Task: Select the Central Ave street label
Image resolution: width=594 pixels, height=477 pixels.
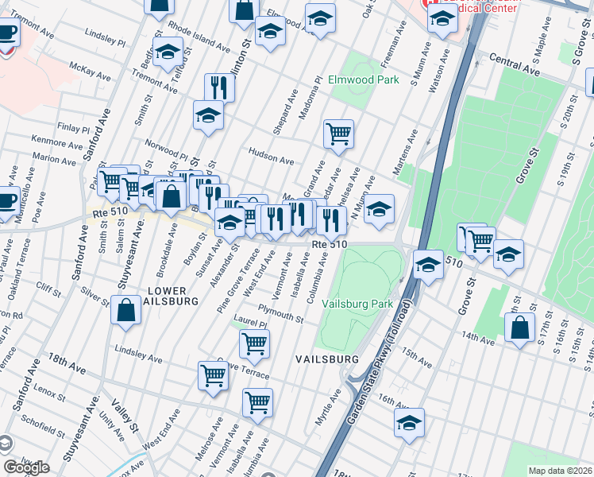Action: (x=515, y=64)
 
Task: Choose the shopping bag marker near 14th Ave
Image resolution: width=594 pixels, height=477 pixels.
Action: (x=519, y=329)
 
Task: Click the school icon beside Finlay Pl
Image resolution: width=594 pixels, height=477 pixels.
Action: (x=208, y=115)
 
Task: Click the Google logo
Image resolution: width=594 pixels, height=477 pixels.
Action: (x=26, y=467)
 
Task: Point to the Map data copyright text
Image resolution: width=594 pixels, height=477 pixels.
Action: (x=560, y=471)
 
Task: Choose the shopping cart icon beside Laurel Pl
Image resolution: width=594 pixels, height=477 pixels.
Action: (x=254, y=343)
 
